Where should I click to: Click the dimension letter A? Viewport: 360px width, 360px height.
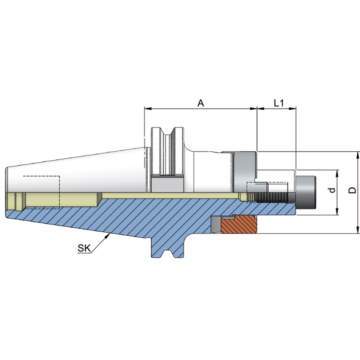pyautogui.click(x=201, y=103)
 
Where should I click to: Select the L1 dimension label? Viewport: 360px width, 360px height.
pyautogui.click(x=279, y=103)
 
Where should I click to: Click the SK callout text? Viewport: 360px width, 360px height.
pyautogui.click(x=84, y=247)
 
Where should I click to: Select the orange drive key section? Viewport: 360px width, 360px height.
pyautogui.click(x=239, y=225)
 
